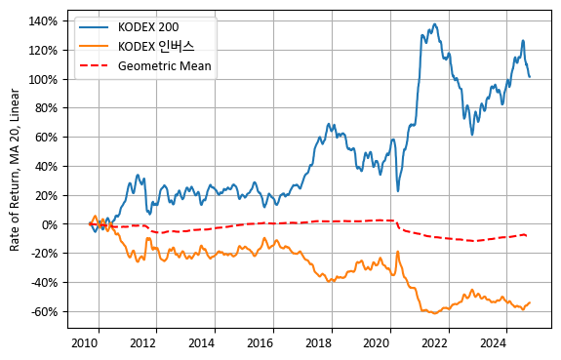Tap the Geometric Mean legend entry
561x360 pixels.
(x=165, y=67)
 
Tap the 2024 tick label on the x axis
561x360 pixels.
(x=493, y=343)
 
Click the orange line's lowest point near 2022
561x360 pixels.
(x=430, y=313)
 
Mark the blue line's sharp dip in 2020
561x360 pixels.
(x=398, y=190)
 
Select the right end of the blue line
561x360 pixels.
(x=530, y=76)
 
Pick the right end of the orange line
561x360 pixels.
(x=530, y=302)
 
